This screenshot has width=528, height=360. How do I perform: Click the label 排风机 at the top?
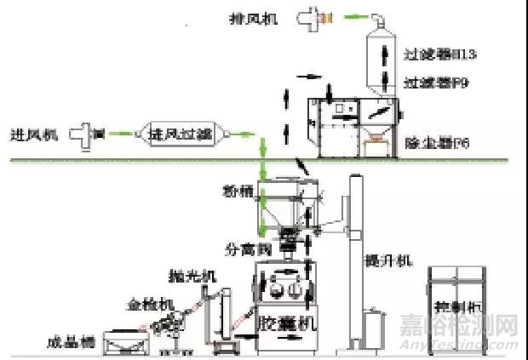click(256, 17)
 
